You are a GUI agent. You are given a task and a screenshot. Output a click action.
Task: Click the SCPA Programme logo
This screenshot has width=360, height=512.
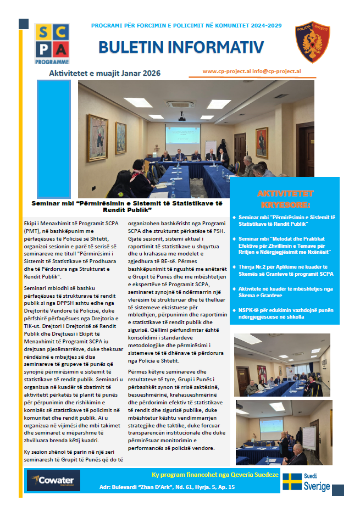click(52, 43)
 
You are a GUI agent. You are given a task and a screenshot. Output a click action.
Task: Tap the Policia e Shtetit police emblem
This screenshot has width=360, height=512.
click(313, 42)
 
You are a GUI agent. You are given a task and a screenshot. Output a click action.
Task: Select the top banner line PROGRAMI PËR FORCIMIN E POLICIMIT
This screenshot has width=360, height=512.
click(186, 26)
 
